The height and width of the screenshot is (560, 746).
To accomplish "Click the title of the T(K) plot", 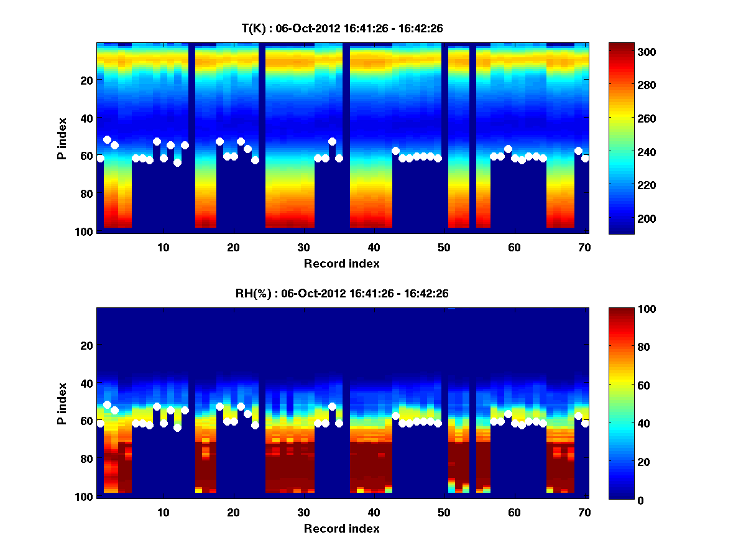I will [341, 28].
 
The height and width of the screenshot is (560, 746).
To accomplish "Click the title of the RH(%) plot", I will [341, 293].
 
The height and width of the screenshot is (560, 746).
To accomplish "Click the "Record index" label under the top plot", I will [341, 263].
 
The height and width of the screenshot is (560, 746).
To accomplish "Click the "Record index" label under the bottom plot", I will [341, 528].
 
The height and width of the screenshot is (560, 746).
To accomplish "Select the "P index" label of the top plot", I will [62, 138].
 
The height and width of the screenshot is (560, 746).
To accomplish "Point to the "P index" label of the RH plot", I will [62, 403].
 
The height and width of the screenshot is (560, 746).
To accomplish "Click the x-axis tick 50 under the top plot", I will [444, 247].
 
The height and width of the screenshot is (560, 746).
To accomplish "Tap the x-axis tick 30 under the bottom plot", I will [303, 512].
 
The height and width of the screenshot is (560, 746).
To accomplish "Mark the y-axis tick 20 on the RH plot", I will [86, 345].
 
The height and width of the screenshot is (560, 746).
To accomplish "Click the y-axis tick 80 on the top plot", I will [86, 194].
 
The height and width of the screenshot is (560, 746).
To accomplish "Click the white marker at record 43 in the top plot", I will [395, 151].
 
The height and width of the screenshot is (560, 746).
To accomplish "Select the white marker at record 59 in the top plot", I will [508, 149].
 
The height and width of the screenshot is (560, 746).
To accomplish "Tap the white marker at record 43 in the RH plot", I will [395, 416].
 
